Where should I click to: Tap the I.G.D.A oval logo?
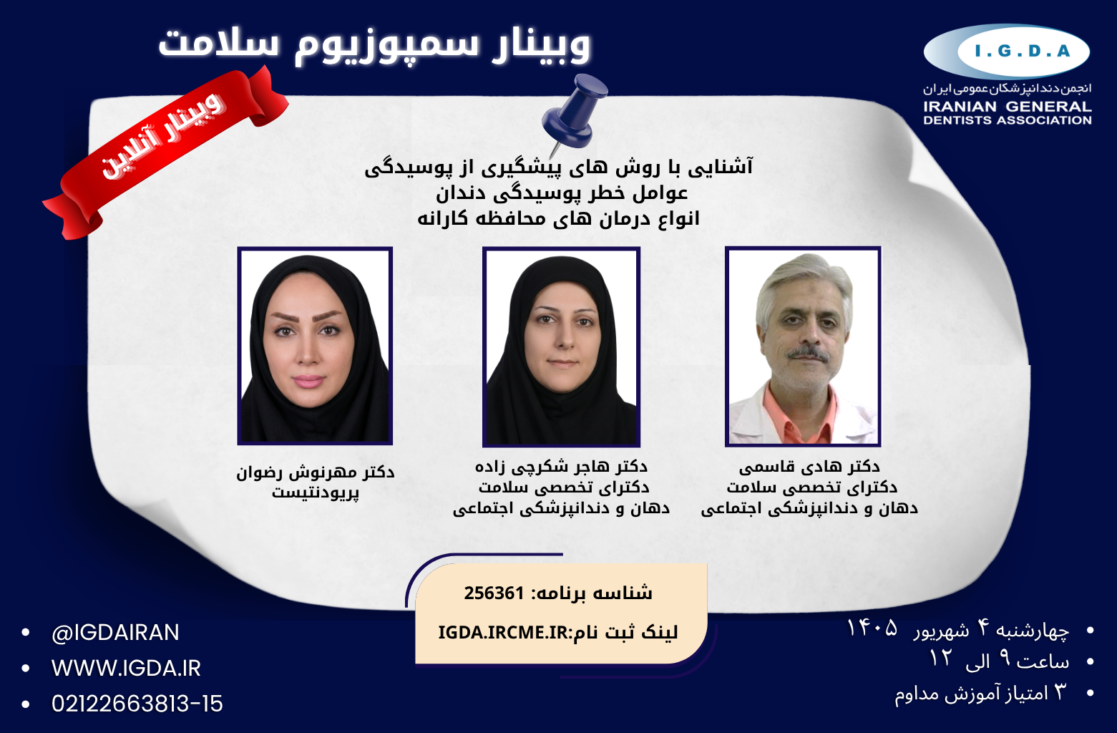click(1006, 52)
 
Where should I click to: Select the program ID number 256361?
click(494, 593)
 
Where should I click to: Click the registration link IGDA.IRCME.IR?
click(503, 633)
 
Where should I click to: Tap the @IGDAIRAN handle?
click(115, 633)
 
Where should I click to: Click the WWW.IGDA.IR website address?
click(126, 668)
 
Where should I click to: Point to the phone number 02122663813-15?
click(137, 704)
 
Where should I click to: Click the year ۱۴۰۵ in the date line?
click(872, 628)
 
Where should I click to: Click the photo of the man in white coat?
click(803, 346)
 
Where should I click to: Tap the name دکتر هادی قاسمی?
click(809, 467)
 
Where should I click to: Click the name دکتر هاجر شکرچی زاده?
click(561, 467)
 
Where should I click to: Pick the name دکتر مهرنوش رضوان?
click(315, 472)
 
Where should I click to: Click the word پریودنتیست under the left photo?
click(315, 493)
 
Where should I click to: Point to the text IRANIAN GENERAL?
click(1008, 107)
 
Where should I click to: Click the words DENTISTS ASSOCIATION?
click(1008, 120)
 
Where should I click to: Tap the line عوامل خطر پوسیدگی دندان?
click(562, 193)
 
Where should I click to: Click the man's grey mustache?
click(808, 354)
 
